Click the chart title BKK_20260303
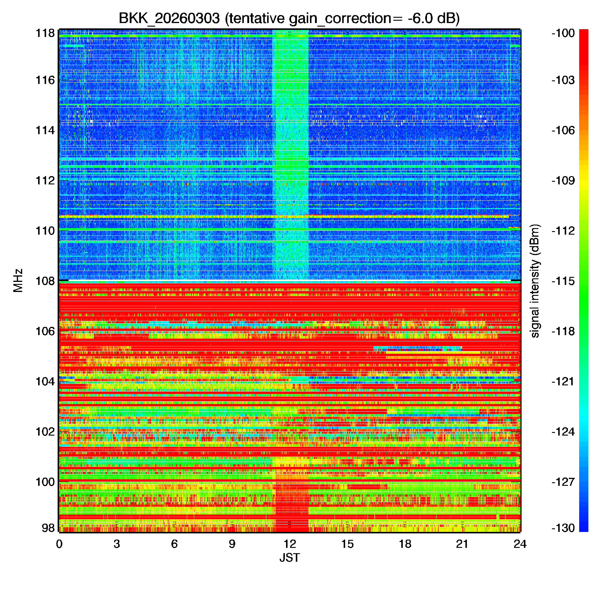coord(169,19)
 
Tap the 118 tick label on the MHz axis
coord(45,33)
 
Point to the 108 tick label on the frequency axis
coord(45,281)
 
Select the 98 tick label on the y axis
coord(48,528)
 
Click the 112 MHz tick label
coord(45,181)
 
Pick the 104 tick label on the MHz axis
coord(45,381)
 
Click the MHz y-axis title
coord(18,280)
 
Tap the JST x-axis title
coord(289,558)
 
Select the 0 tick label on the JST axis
coord(59,544)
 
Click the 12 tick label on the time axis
coord(290,544)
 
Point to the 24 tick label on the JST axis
coord(520,544)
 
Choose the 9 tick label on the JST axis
coord(232,544)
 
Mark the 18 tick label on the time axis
coord(405,544)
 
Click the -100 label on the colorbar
coord(563,33)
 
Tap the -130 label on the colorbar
coord(563,528)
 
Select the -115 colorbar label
coord(563,281)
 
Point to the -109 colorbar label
coord(563,181)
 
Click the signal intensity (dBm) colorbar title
coord(535,281)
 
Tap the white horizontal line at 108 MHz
coord(290,280)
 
